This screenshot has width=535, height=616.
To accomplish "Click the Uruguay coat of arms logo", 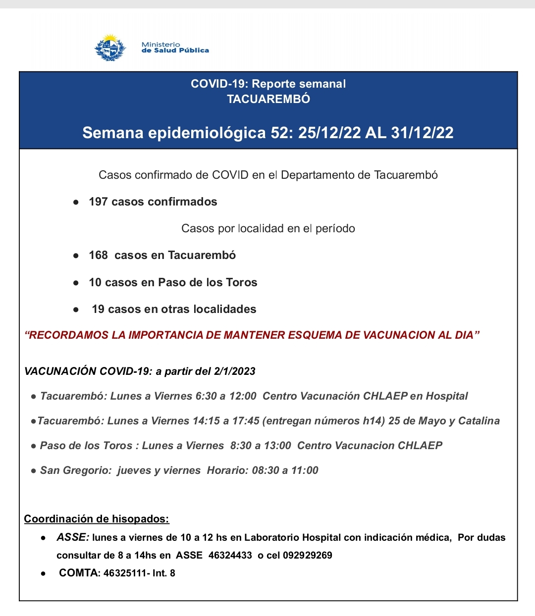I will pyautogui.click(x=110, y=48).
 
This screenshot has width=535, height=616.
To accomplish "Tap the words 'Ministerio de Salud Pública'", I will pyautogui.click(x=175, y=48).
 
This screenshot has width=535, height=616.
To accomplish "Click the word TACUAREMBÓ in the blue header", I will pyautogui.click(x=268, y=99).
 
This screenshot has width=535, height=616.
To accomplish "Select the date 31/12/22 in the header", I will pyautogui.click(x=422, y=133).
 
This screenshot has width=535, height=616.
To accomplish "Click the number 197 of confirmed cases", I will pyautogui.click(x=98, y=202).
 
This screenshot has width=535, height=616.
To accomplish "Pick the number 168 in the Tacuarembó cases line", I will pyautogui.click(x=98, y=255).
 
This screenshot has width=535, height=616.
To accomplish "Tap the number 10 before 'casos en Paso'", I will pyautogui.click(x=95, y=282).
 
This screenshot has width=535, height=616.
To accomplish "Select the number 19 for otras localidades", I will pyautogui.click(x=98, y=309).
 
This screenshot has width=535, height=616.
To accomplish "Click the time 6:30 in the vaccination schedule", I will pyautogui.click(x=206, y=396).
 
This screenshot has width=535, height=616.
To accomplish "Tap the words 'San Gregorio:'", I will pyautogui.click(x=76, y=470).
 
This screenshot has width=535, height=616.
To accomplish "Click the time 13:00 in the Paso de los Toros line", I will pyautogui.click(x=277, y=446).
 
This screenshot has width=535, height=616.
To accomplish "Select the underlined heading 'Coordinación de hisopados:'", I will pyautogui.click(x=97, y=519).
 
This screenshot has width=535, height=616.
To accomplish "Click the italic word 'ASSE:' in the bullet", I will pyautogui.click(x=73, y=537).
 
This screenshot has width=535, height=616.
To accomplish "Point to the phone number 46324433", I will pyautogui.click(x=230, y=555).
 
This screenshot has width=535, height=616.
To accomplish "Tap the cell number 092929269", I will pyautogui.click(x=308, y=555).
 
